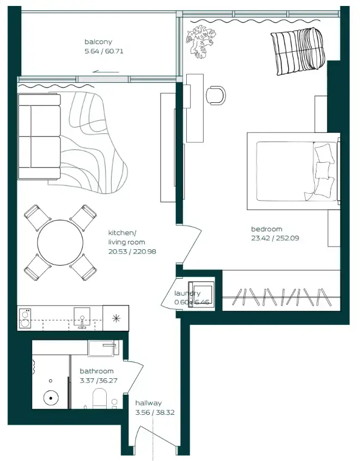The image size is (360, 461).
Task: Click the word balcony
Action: coord(98,42)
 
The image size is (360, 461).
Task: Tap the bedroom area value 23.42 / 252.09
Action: coord(275,238)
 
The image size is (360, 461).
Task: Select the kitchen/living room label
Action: coord(126,237)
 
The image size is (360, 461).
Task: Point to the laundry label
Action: coord(187,293)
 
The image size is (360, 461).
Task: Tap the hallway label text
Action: coord(148,403)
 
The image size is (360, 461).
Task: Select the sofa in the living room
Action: coord(39,136)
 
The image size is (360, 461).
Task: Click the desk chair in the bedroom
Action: coord(216,94)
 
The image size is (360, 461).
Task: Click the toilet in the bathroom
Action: coord(100,399)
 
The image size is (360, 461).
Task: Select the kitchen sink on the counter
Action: coord(82,317)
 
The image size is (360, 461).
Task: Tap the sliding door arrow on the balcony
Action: coord(106,71)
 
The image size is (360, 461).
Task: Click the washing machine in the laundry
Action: coord(200,294)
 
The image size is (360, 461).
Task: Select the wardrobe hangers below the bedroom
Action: coord(282,297)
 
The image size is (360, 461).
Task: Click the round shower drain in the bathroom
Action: coord(51,398)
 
